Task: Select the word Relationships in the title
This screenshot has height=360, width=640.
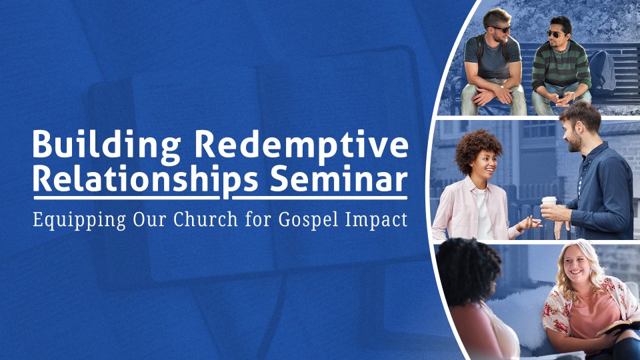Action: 146,180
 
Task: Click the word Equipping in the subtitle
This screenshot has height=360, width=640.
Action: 79,219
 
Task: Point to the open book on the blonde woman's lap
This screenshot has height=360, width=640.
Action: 618,327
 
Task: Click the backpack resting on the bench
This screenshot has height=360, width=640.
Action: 603,73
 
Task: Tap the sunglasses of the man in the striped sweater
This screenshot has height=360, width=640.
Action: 556,34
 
